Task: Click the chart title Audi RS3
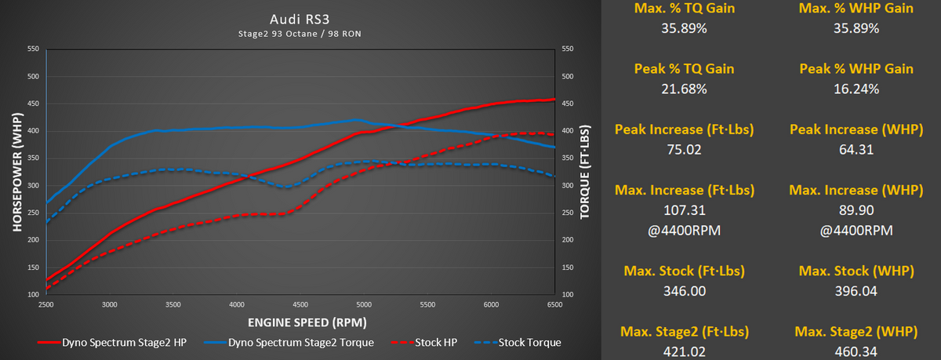[300, 16]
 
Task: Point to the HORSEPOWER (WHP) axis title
[17, 170]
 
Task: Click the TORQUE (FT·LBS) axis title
[583, 170]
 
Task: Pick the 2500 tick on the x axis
[46, 304]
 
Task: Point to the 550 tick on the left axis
[34, 49]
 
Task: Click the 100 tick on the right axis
[568, 294]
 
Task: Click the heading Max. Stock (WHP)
[856, 271]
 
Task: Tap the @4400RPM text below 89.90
[856, 231]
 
